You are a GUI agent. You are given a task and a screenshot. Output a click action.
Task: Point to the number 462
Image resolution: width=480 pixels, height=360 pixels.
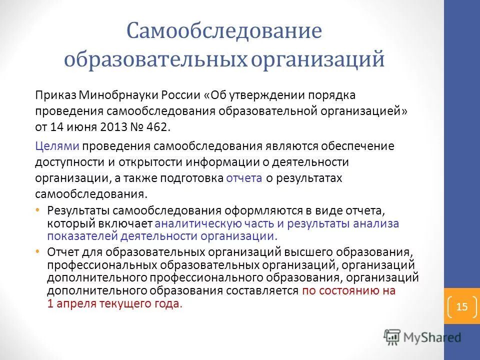point(159,127)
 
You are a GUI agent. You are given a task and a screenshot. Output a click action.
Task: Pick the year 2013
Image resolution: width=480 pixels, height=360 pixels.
point(113,127)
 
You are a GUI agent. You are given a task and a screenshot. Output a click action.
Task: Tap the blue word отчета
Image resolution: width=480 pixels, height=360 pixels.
point(244,178)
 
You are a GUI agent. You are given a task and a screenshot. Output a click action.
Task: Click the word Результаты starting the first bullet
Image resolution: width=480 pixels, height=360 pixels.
point(77,211)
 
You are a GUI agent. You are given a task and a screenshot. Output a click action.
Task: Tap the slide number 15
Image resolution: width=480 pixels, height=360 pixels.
point(461,306)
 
